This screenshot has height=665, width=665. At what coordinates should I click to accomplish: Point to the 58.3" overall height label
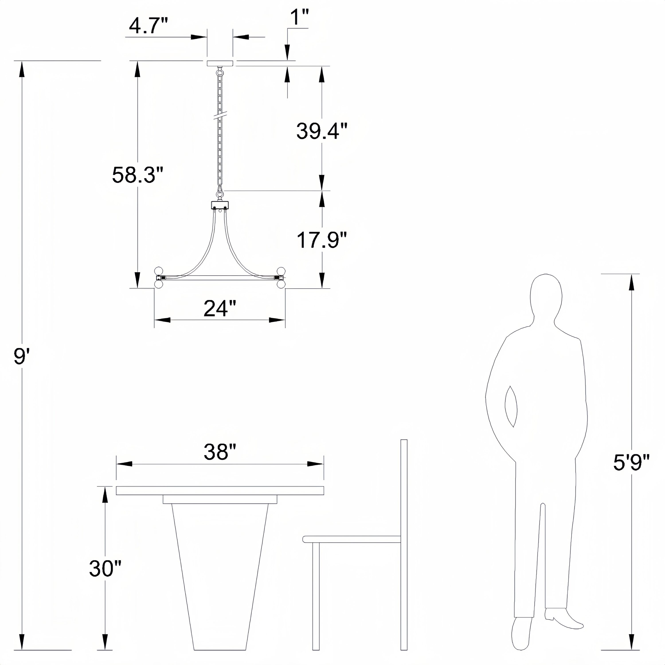[x=137, y=175]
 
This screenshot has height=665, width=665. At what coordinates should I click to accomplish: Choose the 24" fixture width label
[x=220, y=308]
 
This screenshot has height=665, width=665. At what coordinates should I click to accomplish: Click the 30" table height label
[x=105, y=568]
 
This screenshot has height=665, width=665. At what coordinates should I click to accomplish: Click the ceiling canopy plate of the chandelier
[x=220, y=63]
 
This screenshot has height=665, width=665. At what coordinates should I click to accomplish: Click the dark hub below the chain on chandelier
[x=220, y=205]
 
